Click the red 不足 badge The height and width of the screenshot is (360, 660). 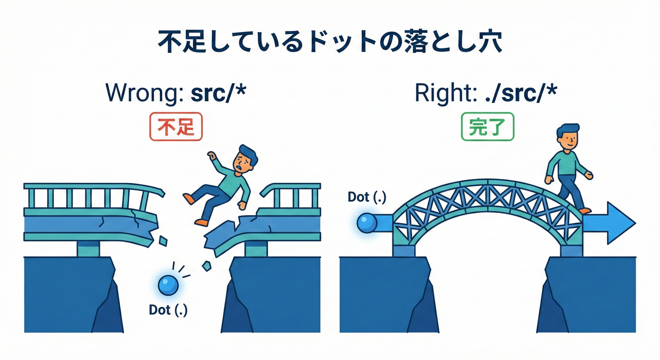(176, 127)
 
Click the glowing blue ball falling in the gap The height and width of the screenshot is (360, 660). (168, 285)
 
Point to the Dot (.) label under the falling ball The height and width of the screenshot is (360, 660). (168, 310)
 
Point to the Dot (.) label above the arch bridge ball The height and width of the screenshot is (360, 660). (367, 197)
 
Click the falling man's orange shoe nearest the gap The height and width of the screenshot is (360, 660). (202, 222)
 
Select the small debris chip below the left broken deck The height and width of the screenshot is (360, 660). (163, 241)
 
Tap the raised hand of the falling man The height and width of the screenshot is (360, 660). (211, 156)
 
